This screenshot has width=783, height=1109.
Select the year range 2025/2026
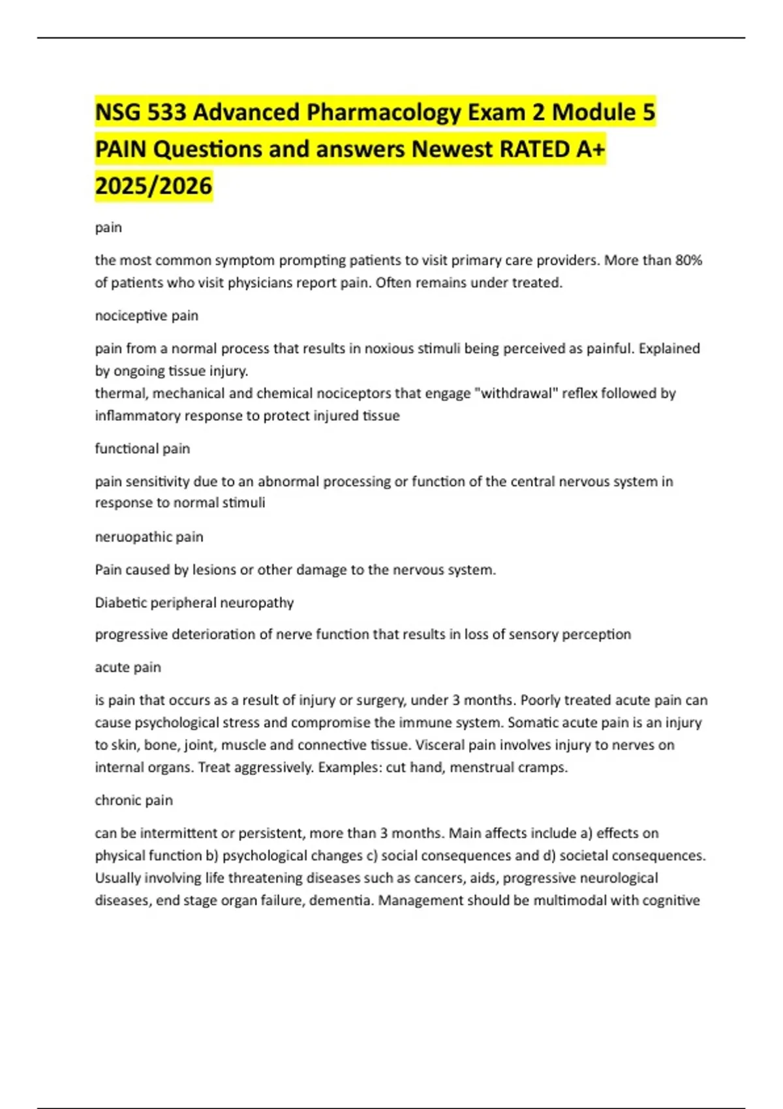[153, 186]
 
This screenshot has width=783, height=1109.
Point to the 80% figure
[688, 260]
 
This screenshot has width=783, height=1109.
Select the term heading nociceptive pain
[146, 316]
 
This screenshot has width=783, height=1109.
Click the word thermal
[120, 393]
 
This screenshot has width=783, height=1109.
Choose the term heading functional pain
[142, 449]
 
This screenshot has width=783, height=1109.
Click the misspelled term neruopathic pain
[149, 537]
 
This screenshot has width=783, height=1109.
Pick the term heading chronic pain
[134, 800]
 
